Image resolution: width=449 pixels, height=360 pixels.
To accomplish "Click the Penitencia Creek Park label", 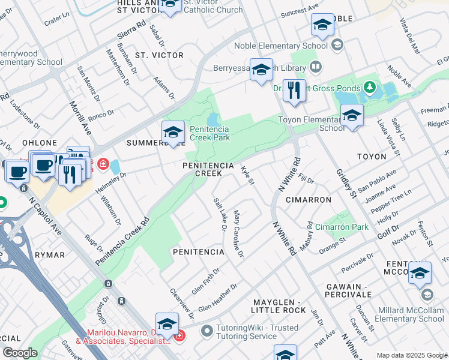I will (x=209, y=133).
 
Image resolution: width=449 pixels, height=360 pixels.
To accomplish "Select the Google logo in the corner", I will (x=20, y=352).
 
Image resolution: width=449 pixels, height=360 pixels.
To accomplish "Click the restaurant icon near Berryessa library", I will (x=294, y=91).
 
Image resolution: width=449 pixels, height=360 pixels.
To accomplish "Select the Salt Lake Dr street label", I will (x=220, y=213).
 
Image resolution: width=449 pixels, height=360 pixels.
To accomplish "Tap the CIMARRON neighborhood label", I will (x=309, y=199).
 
